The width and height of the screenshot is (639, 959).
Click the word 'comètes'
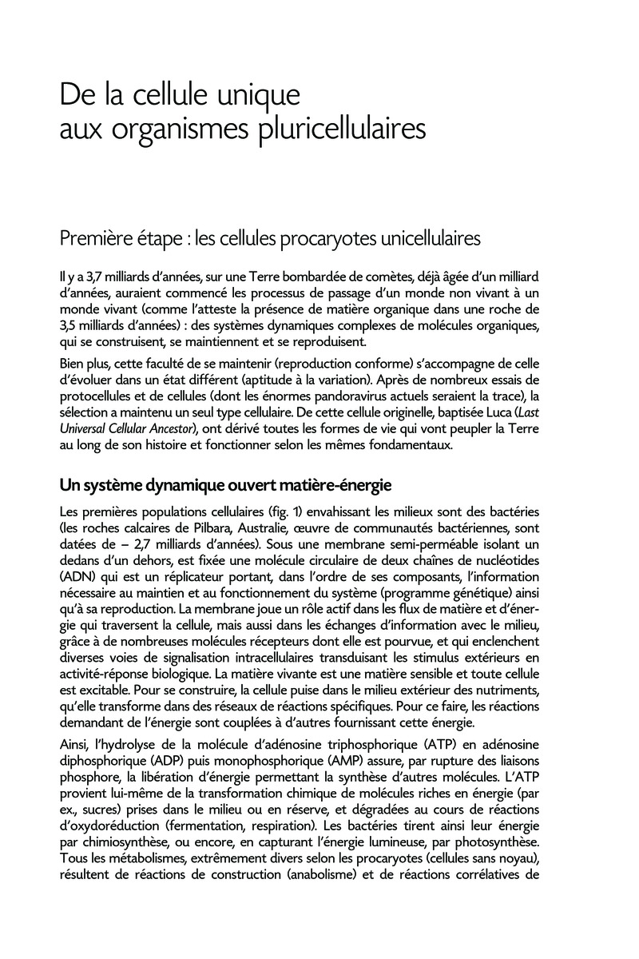[x=386, y=278]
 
